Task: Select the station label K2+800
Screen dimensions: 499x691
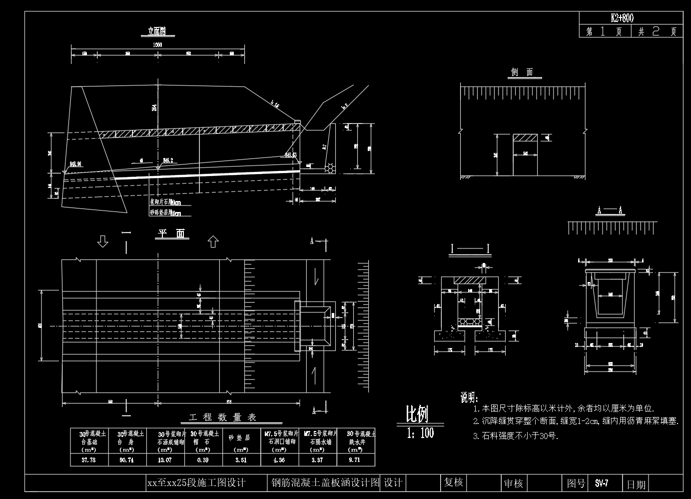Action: click(622, 18)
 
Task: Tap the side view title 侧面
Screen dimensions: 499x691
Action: click(522, 72)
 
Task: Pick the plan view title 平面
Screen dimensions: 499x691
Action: click(171, 233)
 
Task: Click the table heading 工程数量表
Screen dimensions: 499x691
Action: click(223, 417)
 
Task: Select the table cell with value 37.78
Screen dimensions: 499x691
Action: click(88, 460)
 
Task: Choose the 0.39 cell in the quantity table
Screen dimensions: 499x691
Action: click(203, 460)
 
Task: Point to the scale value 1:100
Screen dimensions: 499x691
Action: click(420, 433)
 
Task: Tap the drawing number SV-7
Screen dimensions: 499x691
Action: click(602, 483)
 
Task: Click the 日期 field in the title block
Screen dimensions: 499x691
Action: click(636, 484)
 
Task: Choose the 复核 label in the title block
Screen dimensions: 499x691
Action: click(453, 482)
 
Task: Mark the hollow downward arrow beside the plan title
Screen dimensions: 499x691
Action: click(103, 242)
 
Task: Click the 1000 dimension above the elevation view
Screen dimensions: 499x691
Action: click(157, 45)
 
